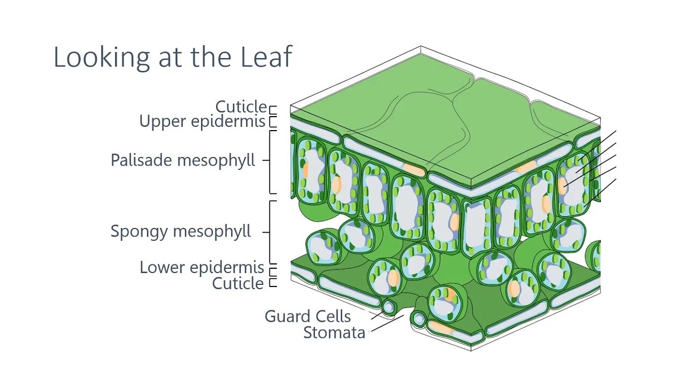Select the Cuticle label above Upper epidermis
[x=241, y=106]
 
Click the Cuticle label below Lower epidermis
[x=238, y=283]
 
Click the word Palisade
[x=141, y=160]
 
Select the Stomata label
[x=334, y=333]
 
